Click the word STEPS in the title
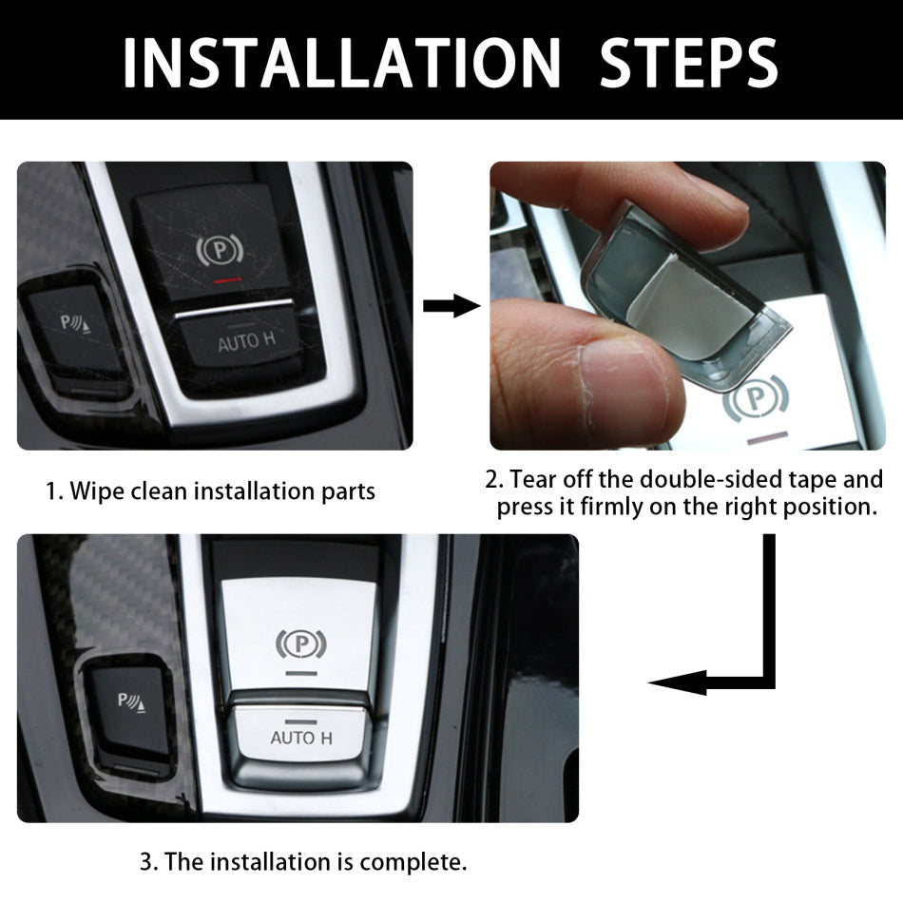(689, 61)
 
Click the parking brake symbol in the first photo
(220, 249)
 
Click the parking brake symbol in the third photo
(294, 644)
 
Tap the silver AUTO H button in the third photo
(300, 738)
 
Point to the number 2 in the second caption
(490, 478)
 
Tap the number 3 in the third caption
(146, 862)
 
